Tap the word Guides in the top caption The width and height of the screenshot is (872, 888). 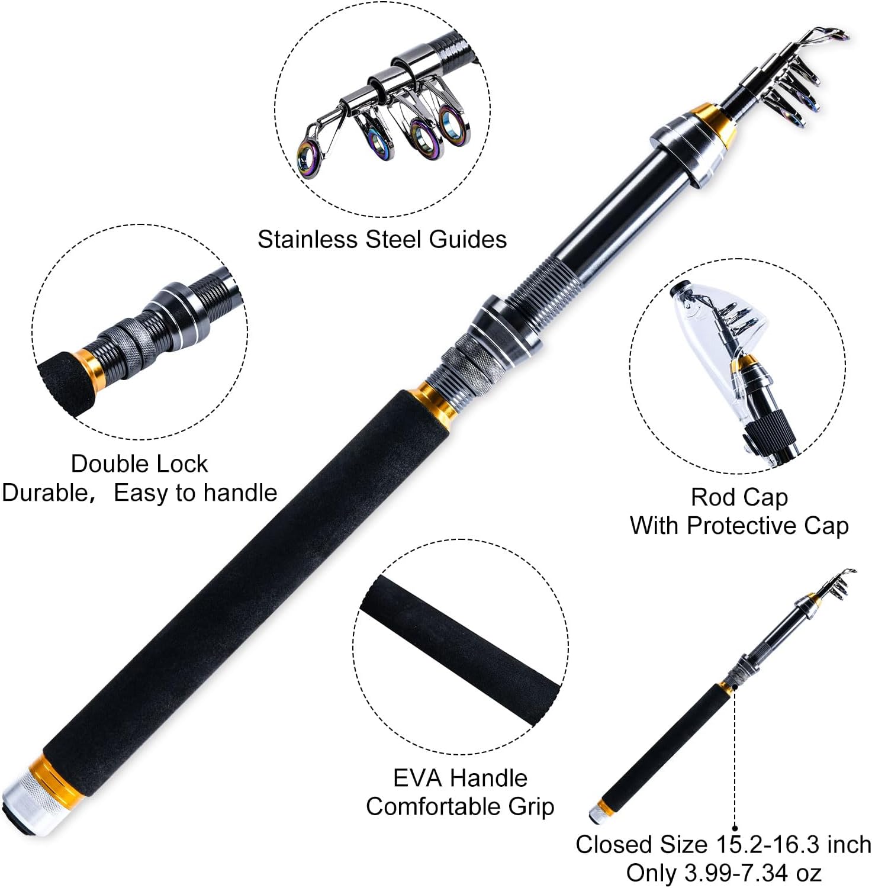coord(468,239)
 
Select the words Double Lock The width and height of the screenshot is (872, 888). coord(139,464)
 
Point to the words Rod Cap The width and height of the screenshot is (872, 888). coord(739,497)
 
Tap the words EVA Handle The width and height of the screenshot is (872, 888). coord(460,778)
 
